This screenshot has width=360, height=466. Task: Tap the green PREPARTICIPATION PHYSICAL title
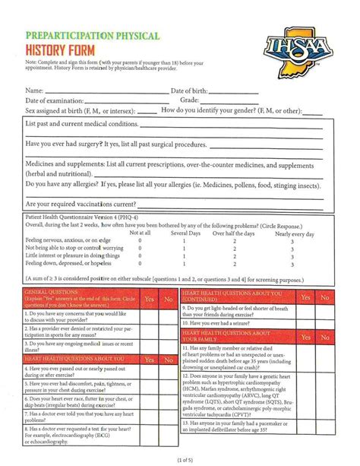coord(92,36)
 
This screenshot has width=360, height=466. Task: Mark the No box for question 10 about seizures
coord(324,322)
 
